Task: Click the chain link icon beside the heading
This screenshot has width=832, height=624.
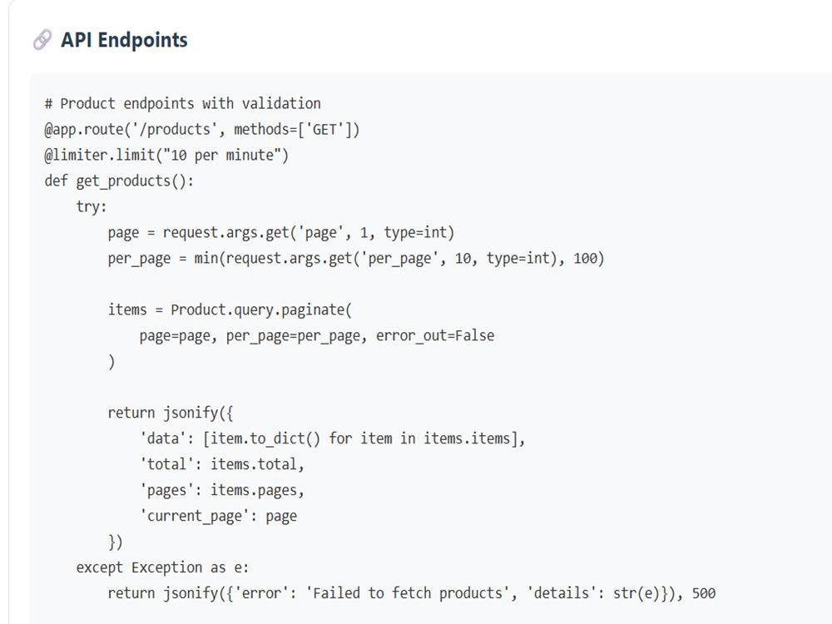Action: coord(42,40)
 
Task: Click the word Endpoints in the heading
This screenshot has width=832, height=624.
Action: coord(143,40)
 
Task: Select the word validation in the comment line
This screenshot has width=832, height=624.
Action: coord(281,103)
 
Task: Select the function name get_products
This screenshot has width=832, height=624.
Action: coord(123,181)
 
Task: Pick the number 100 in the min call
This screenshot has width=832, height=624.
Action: coord(585,259)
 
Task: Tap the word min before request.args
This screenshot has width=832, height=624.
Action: coord(206,259)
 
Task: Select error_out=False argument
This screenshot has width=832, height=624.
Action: coord(435,335)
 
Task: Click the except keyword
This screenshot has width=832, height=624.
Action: coord(99,567)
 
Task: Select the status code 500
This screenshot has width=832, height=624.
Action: coord(704,593)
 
